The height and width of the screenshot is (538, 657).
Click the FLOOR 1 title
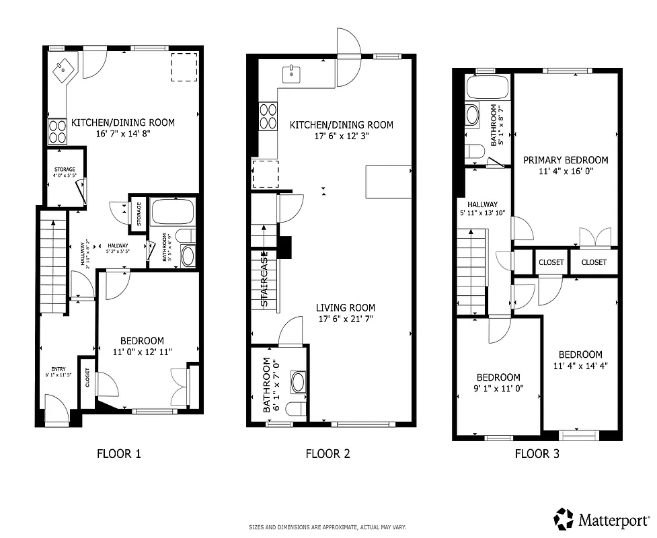coord(119,453)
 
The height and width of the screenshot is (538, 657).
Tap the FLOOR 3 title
coord(537,453)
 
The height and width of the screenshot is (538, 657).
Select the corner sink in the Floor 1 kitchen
coord(65,69)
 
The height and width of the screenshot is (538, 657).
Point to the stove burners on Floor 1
coord(57,131)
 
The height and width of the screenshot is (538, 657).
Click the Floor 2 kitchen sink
coord(291,73)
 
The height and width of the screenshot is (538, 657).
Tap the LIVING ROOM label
coord(345,307)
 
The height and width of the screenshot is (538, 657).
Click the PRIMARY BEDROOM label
coord(566,160)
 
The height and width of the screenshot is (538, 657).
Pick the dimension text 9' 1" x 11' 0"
coord(498,389)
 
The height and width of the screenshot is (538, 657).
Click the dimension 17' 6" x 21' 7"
coord(345,319)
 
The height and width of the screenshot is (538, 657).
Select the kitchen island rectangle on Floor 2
coord(388,182)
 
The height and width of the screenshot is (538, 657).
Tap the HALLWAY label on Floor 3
coord(483,204)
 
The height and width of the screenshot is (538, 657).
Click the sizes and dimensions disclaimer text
coord(327,527)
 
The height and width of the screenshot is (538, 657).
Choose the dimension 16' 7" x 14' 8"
coord(123,134)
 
